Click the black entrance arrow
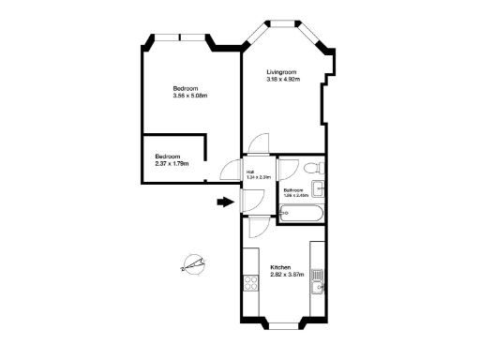pos(224,201)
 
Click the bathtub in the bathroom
pos(302,215)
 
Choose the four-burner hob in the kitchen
pos(250,281)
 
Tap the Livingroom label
pos(281,72)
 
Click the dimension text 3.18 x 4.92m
pos(282,80)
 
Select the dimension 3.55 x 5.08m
pos(189,96)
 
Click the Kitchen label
pos(281,266)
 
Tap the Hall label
pos(251,172)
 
